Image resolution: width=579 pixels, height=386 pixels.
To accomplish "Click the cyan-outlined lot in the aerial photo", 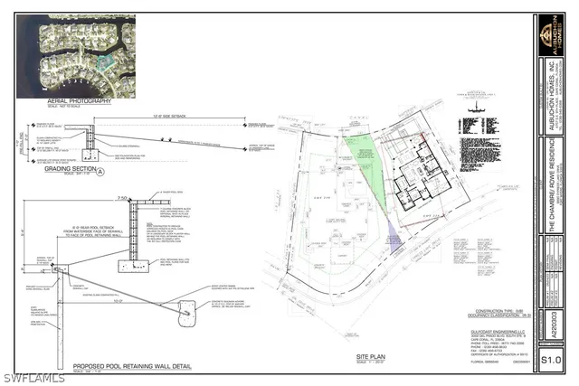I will point(107,61).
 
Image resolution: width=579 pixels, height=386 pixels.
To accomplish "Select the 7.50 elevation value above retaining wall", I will point(121,197).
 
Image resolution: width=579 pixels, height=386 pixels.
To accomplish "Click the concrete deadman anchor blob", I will point(191,312).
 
